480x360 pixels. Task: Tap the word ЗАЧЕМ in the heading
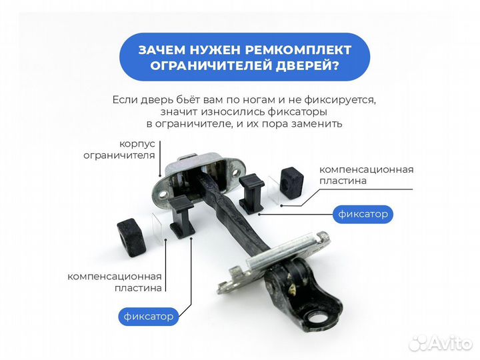click(x=161, y=51)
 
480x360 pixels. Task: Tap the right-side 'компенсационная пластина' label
click(x=366, y=175)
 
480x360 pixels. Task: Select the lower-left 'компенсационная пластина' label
click(x=114, y=282)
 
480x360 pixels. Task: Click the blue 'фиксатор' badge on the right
click(x=363, y=214)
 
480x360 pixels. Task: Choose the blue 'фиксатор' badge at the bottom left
click(x=149, y=316)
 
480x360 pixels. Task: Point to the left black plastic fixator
click(x=182, y=215)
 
